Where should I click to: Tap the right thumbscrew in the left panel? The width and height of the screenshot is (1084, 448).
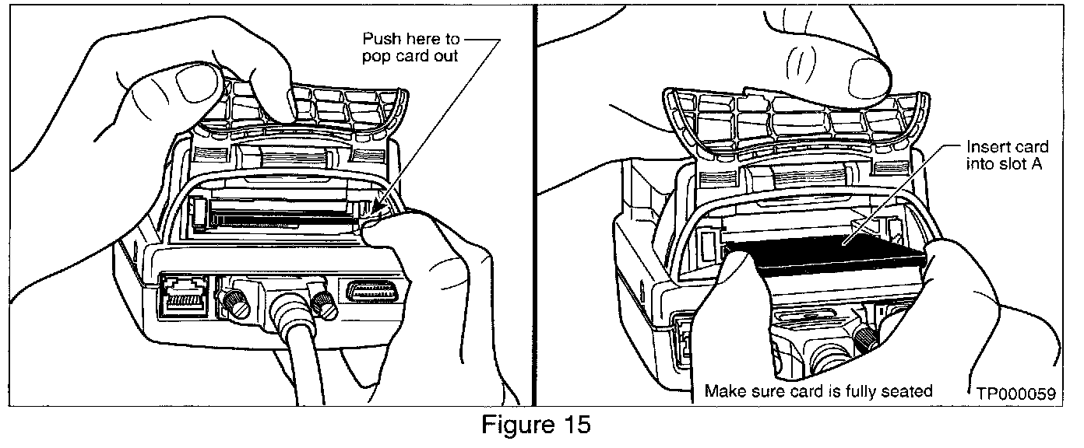click(322, 302)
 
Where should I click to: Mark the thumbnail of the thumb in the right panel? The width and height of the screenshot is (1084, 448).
click(869, 77)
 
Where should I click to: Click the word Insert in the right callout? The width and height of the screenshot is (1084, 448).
click(986, 147)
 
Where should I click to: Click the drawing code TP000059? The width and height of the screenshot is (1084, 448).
click(1016, 394)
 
